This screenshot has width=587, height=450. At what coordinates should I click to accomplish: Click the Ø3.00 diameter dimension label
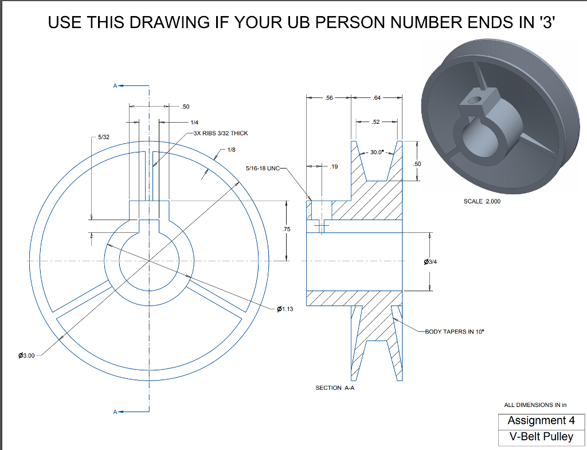click(27, 355)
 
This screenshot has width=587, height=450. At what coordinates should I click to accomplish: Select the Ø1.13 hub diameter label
click(284, 310)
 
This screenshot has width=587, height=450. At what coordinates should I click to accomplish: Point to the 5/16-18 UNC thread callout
click(262, 169)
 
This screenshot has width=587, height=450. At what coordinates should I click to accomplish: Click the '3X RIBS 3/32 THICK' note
click(221, 133)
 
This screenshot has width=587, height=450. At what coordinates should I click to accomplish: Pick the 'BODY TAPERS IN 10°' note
click(455, 332)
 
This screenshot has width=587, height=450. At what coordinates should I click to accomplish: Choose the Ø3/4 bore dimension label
click(430, 261)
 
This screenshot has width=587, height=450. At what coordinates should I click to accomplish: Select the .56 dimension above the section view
click(328, 98)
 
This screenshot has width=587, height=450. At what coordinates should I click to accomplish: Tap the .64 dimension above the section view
click(376, 98)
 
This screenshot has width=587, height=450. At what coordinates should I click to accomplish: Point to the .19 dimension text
click(334, 167)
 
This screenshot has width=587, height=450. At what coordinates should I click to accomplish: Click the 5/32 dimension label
click(104, 138)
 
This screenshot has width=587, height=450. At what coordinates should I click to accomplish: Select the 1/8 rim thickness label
click(231, 150)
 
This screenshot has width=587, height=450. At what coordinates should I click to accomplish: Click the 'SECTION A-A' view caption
click(336, 388)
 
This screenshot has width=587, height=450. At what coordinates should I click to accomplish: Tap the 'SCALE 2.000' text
click(482, 201)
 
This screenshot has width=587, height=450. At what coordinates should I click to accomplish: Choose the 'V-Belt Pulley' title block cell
click(541, 436)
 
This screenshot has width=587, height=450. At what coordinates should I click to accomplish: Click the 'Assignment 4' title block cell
click(541, 421)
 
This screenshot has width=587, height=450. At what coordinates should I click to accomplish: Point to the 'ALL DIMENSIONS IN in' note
click(535, 405)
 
